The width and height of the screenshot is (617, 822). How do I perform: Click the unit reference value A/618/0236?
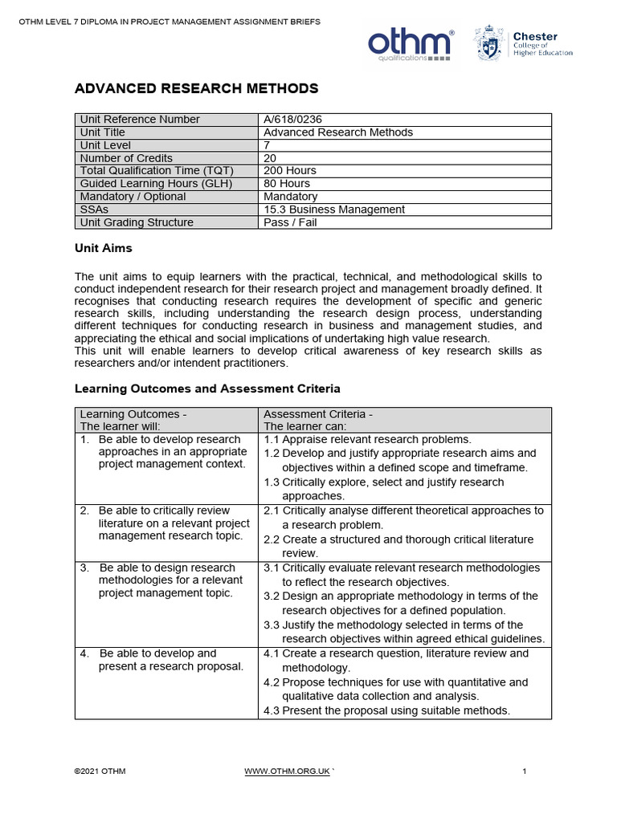coord(293,120)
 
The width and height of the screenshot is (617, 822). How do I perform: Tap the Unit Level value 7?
coord(268,145)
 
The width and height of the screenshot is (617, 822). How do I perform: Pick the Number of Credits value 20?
coord(270,158)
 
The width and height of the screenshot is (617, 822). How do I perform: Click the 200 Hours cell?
coord(290,171)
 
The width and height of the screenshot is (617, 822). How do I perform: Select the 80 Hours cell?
coord(287,184)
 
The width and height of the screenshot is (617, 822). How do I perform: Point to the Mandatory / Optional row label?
coord(133,197)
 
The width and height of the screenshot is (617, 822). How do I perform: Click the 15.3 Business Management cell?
coord(334,210)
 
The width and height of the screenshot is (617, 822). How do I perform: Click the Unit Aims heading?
coord(104,249)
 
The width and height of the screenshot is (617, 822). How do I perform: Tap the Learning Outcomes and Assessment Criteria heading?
coord(207,389)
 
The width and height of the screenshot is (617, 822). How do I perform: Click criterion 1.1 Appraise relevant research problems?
coord(368,440)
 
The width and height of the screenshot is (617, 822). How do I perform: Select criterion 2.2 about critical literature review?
coord(402,546)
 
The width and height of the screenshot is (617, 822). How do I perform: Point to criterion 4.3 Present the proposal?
coord(387,710)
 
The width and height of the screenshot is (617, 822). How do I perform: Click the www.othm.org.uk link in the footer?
coord(287,771)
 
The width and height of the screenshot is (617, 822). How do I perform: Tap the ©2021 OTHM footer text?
coord(100,771)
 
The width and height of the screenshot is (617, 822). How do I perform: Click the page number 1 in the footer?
coord(524,771)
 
